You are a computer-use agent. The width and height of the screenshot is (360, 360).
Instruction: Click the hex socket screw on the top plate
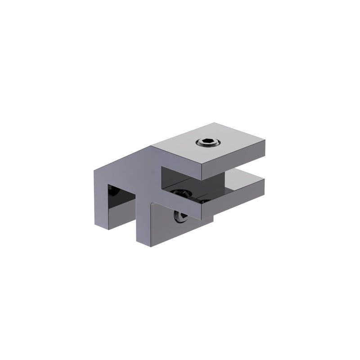[x=208, y=144]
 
